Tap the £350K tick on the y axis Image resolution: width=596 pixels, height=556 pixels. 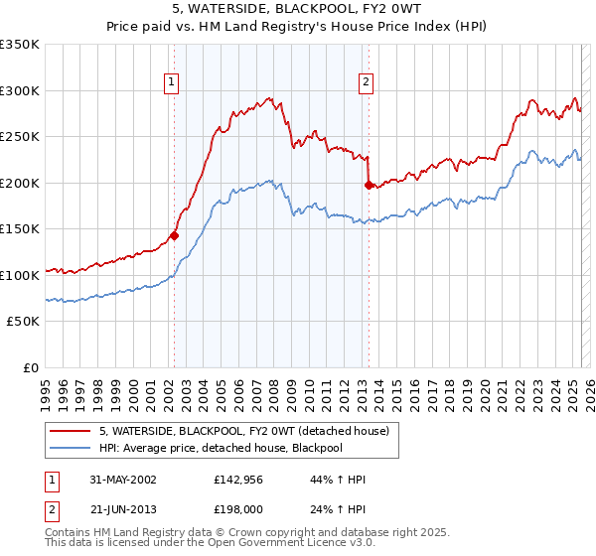click(x=20, y=45)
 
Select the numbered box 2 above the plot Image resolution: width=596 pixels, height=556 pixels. click(x=367, y=82)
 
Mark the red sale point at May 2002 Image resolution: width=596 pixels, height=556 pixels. click(x=174, y=235)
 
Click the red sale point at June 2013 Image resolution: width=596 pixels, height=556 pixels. click(x=368, y=185)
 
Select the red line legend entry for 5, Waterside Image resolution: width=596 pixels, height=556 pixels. click(x=248, y=430)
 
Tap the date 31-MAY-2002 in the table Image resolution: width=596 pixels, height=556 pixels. click(x=120, y=480)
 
